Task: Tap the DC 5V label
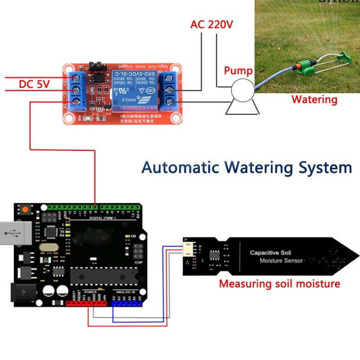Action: click(34, 84)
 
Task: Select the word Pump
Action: click(238, 71)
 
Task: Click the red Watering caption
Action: click(314, 99)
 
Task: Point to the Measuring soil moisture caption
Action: click(279, 284)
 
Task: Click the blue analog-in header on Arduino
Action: click(126, 304)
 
